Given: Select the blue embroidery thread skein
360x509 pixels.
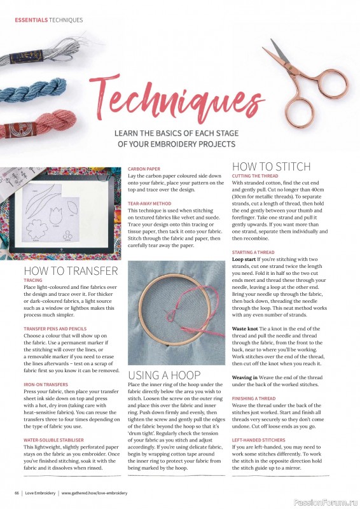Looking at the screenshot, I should coord(35,90).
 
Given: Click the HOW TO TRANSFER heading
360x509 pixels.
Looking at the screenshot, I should coord(70,270).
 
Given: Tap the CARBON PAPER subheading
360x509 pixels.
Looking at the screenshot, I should coord(143,169).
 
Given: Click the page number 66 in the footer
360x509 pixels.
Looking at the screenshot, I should coord(17,493).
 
